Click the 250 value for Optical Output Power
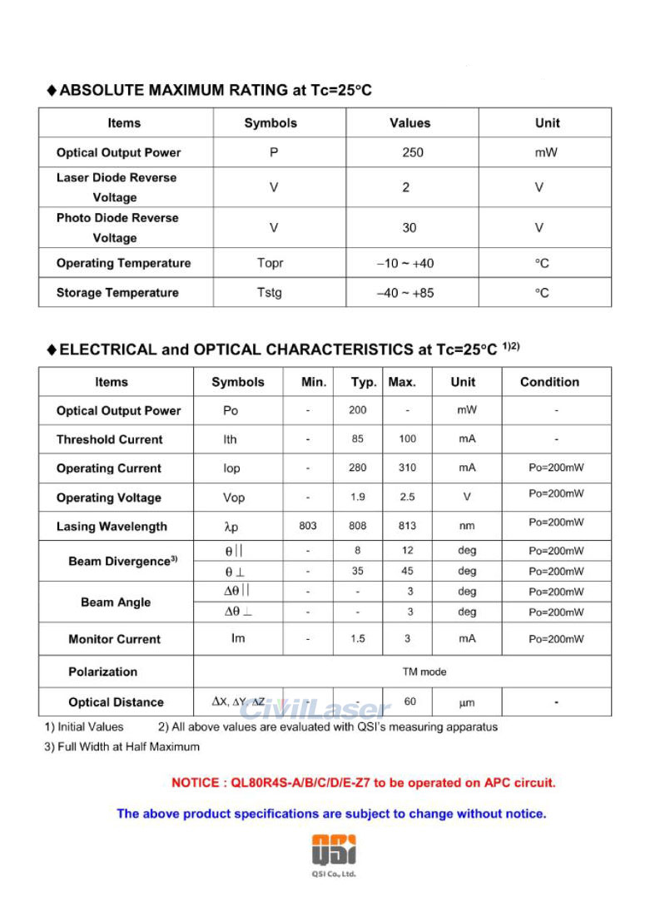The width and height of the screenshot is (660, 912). coord(412,152)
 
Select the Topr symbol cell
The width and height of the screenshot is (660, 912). coord(270,263)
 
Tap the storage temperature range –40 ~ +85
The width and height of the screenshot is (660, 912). coord(405,293)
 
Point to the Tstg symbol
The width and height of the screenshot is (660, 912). coord(270,293)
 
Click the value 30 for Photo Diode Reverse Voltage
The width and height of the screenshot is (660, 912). coord(409,228)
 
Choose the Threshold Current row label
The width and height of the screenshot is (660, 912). coord(109,439)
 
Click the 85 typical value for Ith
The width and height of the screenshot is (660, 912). coord(357,439)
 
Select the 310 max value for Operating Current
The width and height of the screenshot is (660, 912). coord(407,468)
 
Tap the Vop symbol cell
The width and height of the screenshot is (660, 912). coord(234,498)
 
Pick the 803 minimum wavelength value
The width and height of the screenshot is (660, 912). coord(307,526)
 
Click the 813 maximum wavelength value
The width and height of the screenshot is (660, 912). coord(407,526)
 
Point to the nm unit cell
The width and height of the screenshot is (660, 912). coord(466,526)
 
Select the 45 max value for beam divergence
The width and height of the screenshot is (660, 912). coord(407,572)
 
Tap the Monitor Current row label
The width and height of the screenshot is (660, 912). coord(114,639)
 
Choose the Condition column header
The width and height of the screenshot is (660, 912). coord(549,382)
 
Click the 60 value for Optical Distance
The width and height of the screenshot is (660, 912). coord(409,701)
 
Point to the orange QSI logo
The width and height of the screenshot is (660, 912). coord(334,850)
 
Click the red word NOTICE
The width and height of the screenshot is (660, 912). coord(194,782)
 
